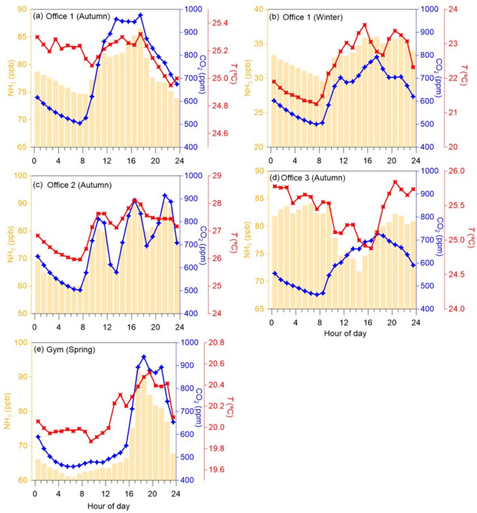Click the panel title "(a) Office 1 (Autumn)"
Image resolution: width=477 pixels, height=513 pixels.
point(72,15)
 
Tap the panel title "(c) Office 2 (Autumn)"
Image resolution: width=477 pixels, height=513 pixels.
point(72,185)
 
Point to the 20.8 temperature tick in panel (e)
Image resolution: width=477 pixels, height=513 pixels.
point(218,343)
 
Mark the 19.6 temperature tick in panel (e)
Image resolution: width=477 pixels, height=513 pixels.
point(218,470)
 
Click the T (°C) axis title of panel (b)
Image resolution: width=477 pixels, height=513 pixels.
point(468,78)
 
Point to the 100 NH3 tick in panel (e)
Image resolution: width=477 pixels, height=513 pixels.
point(18,343)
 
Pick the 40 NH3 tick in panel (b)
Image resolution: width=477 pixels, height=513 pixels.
point(258,9)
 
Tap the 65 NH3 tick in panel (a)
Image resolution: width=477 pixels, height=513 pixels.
point(21,147)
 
